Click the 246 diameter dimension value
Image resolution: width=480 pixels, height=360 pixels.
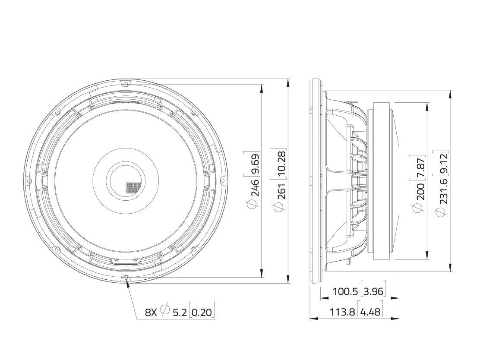[x=256, y=187]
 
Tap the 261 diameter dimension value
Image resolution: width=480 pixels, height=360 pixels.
[x=282, y=189]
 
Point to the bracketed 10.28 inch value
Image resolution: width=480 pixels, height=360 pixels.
[x=282, y=162]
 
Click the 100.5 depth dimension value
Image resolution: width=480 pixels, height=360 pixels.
[x=345, y=291]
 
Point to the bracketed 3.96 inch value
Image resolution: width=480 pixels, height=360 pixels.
[x=373, y=291]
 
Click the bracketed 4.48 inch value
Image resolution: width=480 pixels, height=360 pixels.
[x=370, y=311]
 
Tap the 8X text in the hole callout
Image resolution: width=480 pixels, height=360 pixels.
[x=151, y=312]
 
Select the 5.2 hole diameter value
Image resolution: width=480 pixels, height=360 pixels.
[x=180, y=312]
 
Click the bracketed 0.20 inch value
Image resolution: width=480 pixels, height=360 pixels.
[x=202, y=312]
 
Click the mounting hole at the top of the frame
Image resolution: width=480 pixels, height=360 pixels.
[x=125, y=83]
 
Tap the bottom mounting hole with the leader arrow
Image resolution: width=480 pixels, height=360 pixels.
[x=126, y=278]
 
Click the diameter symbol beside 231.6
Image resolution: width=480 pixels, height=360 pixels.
[x=441, y=212]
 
